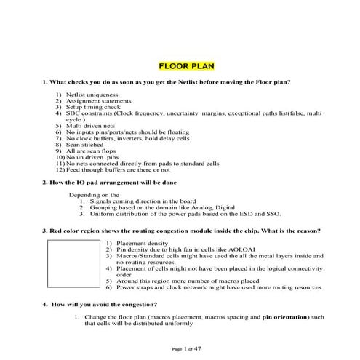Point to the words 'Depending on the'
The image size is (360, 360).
(94, 196)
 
